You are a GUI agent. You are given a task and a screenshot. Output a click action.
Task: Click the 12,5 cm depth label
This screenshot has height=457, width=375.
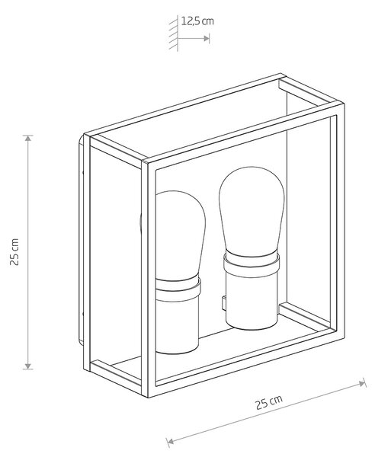pos(197,21)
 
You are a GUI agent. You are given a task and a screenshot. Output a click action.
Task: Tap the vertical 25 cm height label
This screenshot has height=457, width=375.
pos(14,252)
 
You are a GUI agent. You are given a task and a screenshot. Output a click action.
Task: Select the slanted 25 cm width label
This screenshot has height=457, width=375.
pos(269,402)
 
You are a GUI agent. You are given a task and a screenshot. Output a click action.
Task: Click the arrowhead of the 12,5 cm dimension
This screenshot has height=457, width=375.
pos(207,38)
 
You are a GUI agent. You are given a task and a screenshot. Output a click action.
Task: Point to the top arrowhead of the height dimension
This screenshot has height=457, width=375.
pos(28,138)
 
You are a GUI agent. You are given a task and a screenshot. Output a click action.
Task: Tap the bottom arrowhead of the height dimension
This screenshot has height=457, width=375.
pos(28,366)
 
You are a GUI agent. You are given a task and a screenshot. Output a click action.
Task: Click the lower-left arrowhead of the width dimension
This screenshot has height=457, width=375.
pos(169,442)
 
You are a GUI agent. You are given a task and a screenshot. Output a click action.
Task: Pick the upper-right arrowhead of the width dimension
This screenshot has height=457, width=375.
pos(363,383)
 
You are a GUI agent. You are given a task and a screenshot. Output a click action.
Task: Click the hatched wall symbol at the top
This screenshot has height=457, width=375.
pos(174,33)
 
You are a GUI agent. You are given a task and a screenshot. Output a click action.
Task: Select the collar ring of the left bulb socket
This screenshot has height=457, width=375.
pos(178,289)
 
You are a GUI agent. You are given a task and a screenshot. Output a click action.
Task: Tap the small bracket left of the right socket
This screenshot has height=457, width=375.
pos(223,303)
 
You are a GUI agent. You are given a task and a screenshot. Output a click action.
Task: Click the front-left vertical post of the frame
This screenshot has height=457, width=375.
pos(146,278)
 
